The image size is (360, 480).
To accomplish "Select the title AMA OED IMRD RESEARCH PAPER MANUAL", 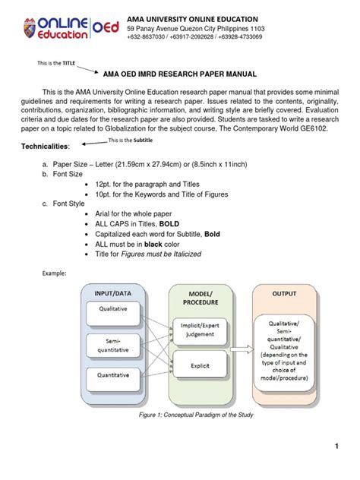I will click(x=181, y=75).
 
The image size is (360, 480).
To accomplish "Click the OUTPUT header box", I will click(x=278, y=292).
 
